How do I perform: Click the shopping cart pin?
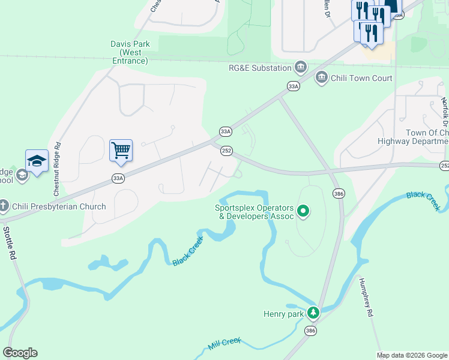tap(121, 151)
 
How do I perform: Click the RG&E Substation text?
tap(260, 68)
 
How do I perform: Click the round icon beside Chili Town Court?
tap(321, 77)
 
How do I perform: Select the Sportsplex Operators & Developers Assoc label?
tap(255, 212)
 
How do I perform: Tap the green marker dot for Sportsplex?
tap(304, 211)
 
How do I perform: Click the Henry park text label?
tap(283, 313)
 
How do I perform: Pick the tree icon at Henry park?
tap(312, 313)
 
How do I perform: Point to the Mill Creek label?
tap(224, 344)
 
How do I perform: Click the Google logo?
tap(20, 352)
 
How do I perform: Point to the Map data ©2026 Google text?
tap(411, 355)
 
